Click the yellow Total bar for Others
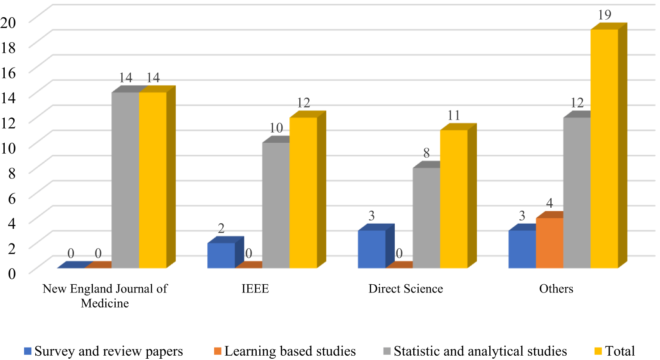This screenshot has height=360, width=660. pyautogui.click(x=604, y=148)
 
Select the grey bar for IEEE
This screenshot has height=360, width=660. pyautogui.click(x=276, y=205)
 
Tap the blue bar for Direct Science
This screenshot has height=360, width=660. pyautogui.click(x=371, y=249)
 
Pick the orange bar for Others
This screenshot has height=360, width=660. pyautogui.click(x=549, y=243)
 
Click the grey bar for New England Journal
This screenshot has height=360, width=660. pyautogui.click(x=125, y=180)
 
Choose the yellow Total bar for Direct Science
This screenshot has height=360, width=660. pyautogui.click(x=454, y=199)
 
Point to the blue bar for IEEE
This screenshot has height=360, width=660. pyautogui.click(x=221, y=255)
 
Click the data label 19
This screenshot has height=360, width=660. pyautogui.click(x=605, y=15)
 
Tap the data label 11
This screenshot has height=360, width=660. pyautogui.click(x=454, y=115)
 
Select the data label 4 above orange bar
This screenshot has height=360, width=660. pyautogui.click(x=549, y=203)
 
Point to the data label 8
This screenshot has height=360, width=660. pyautogui.click(x=427, y=153)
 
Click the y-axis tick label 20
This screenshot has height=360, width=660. pyautogui.click(x=8, y=22)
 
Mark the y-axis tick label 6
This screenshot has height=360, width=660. pyautogui.click(x=12, y=198)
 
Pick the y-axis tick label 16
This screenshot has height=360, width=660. pyautogui.click(x=8, y=73)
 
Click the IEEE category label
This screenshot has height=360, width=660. pyautogui.click(x=255, y=289)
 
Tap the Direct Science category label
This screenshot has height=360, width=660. pyautogui.click(x=405, y=289)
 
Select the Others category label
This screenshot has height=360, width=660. pyautogui.click(x=556, y=289)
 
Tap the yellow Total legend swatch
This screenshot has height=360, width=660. pyautogui.click(x=598, y=351)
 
